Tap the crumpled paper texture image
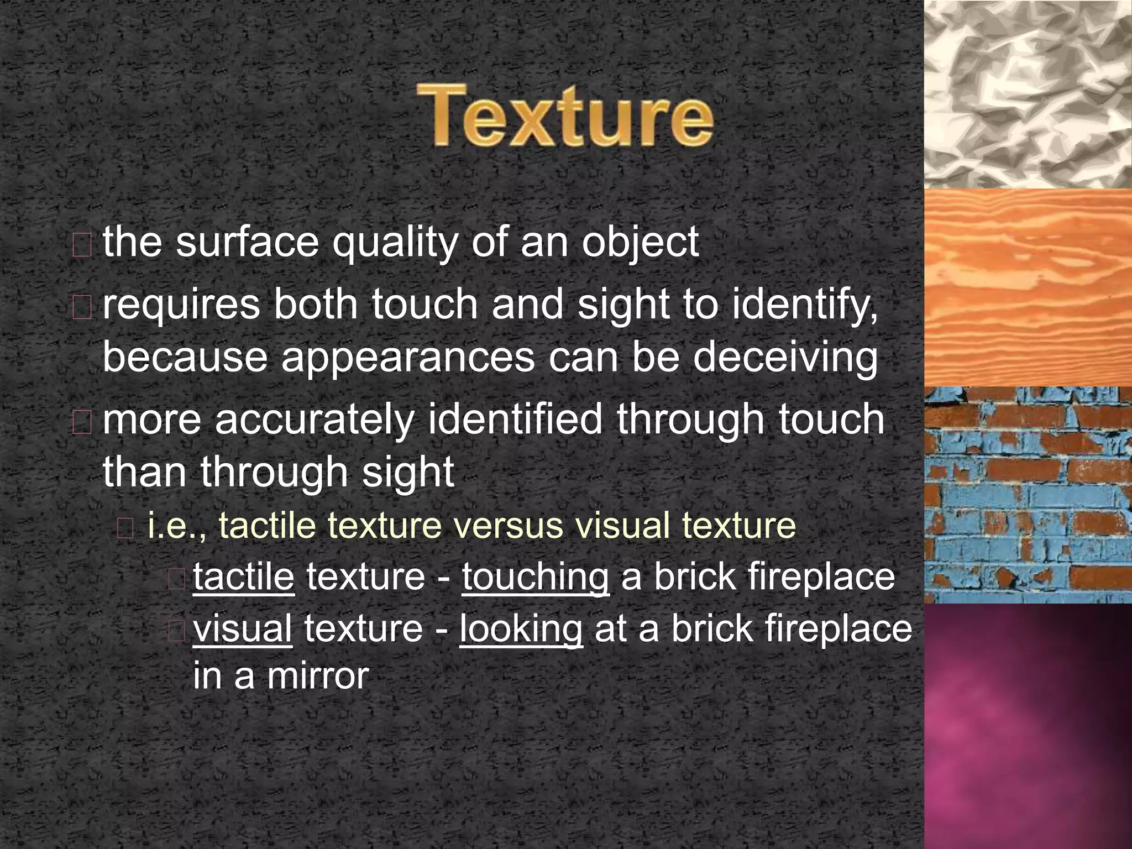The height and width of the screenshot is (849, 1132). point(1028,94)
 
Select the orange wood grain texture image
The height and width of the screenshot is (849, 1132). point(1028,287)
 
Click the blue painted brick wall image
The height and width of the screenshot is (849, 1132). point(1028,495)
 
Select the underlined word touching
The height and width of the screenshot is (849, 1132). point(536,578)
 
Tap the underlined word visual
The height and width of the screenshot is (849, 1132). point(243,628)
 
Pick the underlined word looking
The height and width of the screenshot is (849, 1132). point(521,630)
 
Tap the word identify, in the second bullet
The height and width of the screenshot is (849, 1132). point(805,305)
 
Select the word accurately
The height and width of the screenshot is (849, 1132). point(314,420)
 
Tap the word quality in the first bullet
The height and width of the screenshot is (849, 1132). point(394,244)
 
